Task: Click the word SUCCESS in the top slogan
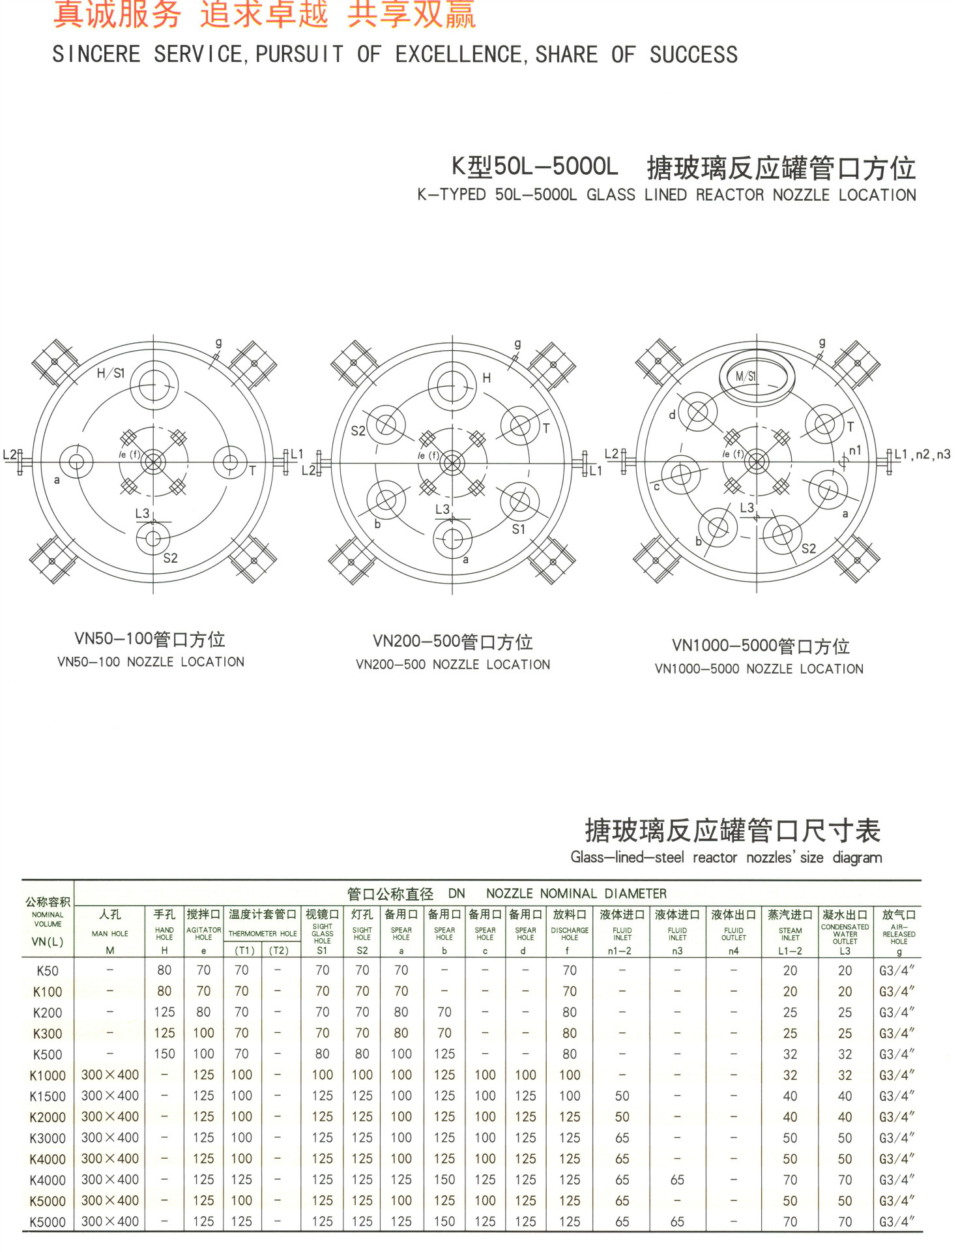[693, 55]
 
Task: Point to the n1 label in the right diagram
[855, 451]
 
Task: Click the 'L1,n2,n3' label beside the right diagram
[922, 455]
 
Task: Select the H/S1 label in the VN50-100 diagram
[110, 373]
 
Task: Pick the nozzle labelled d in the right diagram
[697, 412]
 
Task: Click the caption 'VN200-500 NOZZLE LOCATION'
[453, 664]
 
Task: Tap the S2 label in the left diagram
[170, 558]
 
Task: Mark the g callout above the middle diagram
[517, 343]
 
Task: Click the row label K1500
[48, 1097]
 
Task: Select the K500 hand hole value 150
[164, 1054]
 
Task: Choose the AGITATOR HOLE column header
[203, 933]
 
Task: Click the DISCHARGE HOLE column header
[570, 933]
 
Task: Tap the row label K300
[48, 1034]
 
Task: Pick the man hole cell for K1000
[109, 1075]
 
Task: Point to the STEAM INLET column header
[790, 933]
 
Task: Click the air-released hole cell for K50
[897, 971]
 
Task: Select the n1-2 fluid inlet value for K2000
[622, 1117]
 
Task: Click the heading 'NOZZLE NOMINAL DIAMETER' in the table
[576, 893]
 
